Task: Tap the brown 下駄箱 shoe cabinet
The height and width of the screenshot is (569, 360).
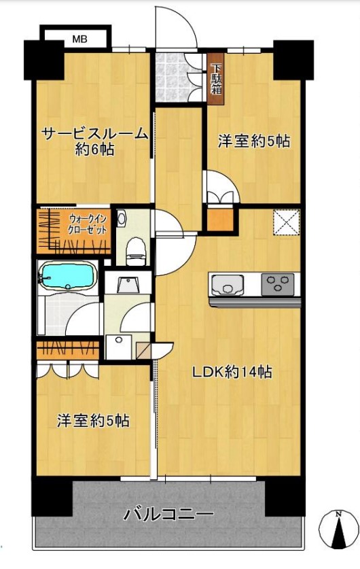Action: click(216, 80)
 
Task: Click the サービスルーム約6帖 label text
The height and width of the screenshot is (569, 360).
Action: click(94, 141)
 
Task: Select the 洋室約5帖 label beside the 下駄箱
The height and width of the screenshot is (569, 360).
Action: click(253, 141)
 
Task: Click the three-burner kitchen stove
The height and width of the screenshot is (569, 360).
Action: click(278, 283)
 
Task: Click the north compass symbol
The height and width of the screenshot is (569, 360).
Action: click(338, 528)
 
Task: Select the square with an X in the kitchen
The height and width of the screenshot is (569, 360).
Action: click(286, 222)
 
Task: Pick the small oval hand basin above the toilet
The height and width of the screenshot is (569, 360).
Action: click(122, 218)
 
